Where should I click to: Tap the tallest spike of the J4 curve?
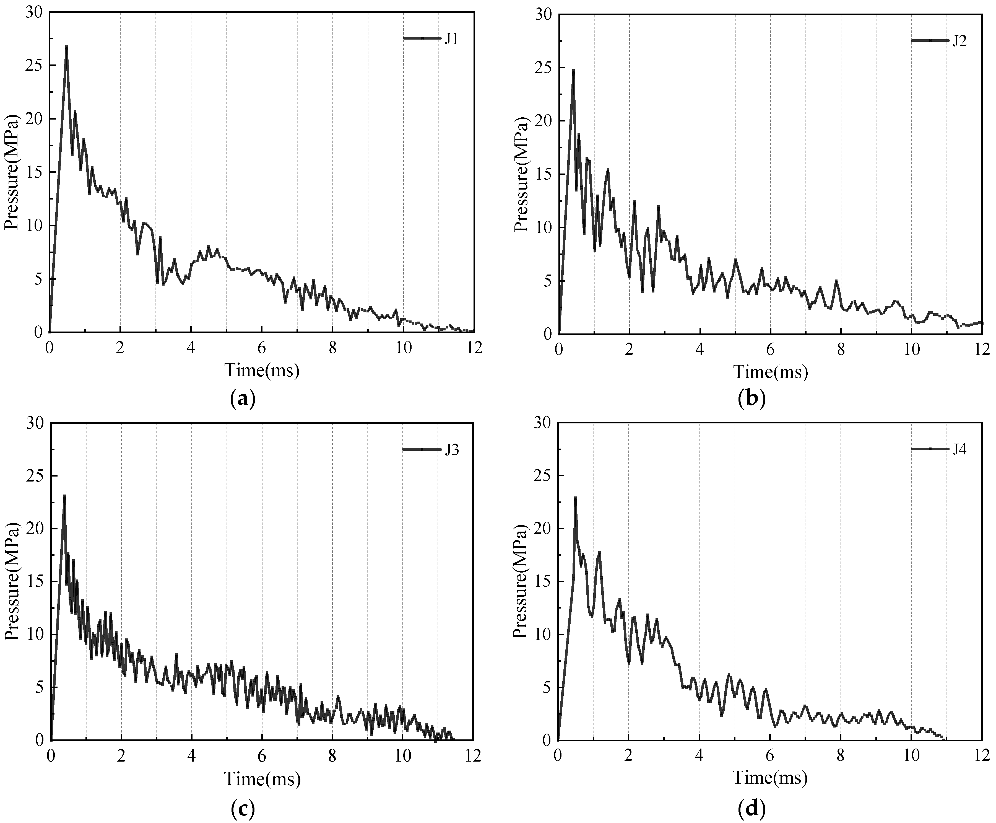[575, 498]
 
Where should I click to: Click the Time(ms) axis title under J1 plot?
[262, 370]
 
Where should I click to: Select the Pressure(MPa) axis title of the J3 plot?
[12, 581]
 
